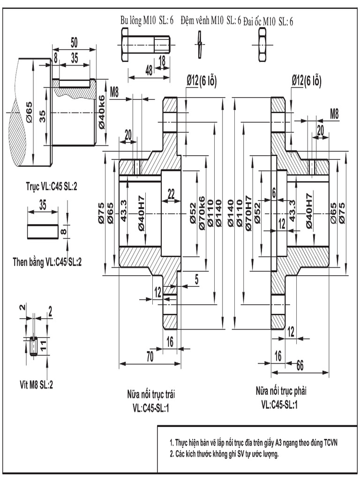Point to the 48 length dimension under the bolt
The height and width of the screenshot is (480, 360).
pos(148,70)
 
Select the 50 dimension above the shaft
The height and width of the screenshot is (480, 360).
pos(74,42)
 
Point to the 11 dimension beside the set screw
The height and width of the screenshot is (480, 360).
pos(43,346)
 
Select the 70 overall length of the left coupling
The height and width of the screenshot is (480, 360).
pos(150,356)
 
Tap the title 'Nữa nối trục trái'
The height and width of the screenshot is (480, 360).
pos(150,392)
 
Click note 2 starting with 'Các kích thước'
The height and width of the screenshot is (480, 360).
pos(224,453)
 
